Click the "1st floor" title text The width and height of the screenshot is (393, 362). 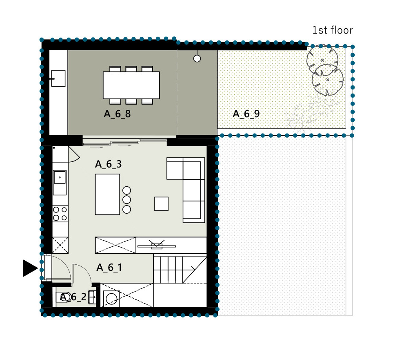point(332,30)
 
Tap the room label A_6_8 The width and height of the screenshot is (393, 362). point(117,114)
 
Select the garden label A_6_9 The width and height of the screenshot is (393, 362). point(246,114)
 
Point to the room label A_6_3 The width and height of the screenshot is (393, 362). point(108,164)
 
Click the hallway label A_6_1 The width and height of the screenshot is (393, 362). point(109,268)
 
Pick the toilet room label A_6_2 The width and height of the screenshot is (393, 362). point(73,297)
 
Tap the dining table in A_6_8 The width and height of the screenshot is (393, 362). point(131,85)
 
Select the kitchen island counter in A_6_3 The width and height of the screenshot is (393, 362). point(107,194)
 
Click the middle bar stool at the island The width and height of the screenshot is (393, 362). point(127,200)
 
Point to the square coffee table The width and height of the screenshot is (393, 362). point(162,204)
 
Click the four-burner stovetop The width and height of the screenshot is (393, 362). point(60,214)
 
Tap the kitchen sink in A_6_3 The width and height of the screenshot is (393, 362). point(60,177)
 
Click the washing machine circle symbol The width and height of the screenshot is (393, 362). point(111,299)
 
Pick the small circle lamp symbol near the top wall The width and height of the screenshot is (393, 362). point(197,58)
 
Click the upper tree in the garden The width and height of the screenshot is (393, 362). point(322,60)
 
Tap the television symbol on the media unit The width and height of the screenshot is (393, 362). point(157,245)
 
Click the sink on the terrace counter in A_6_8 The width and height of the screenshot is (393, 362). point(58,78)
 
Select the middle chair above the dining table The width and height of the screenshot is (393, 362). point(131,69)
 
